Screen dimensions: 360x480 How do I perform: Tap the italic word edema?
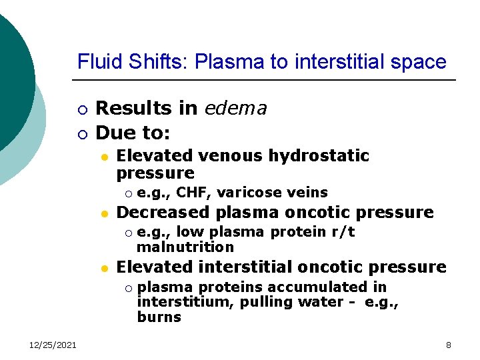click(236, 108)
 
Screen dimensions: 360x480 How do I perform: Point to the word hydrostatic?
click(319, 156)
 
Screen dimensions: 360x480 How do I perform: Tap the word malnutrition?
click(185, 247)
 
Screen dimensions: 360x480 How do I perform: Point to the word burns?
click(159, 317)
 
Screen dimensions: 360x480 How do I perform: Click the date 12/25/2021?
click(53, 345)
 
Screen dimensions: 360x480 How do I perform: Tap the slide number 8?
click(449, 345)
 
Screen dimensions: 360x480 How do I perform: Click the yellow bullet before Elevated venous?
click(103, 157)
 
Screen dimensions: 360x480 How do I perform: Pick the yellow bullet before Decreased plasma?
click(103, 213)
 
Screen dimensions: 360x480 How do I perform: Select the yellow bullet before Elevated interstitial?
click(103, 268)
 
